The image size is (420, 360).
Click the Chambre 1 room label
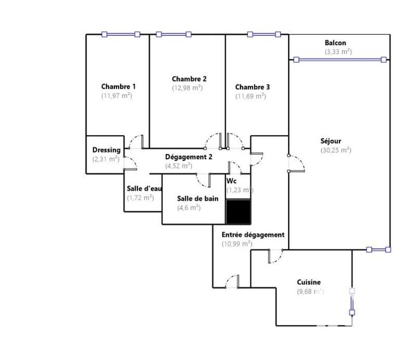(x=119, y=87)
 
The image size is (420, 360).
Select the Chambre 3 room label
(x=253, y=87)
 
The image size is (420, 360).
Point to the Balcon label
(x=335, y=43)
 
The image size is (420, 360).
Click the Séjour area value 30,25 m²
(x=335, y=150)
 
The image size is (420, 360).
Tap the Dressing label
(x=106, y=150)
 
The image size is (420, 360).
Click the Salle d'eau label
(x=144, y=189)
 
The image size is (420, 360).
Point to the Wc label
(x=231, y=181)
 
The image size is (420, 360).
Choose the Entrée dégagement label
(x=253, y=235)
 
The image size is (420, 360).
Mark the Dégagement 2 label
(x=188, y=157)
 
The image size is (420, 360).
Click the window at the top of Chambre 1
(x=121, y=35)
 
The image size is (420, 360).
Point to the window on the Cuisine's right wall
(x=352, y=301)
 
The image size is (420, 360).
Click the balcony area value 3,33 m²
(x=338, y=52)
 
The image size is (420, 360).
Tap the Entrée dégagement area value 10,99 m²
(x=237, y=244)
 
